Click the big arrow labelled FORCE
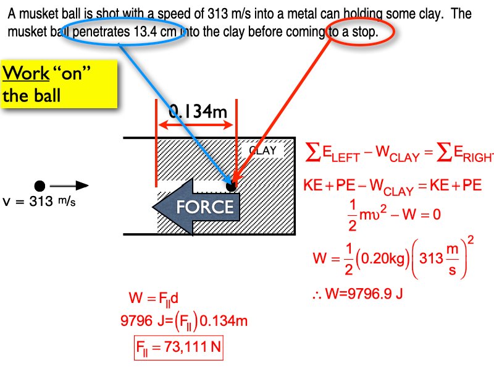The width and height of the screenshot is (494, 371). click(x=198, y=207)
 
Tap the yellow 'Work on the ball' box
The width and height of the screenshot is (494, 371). click(x=59, y=84)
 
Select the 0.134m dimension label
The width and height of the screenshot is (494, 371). click(x=197, y=112)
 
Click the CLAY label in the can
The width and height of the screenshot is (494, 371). click(x=262, y=150)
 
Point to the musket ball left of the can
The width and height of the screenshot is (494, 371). click(x=40, y=185)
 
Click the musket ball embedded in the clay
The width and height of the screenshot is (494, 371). click(x=231, y=185)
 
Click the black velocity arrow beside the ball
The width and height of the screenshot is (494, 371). click(x=69, y=185)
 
